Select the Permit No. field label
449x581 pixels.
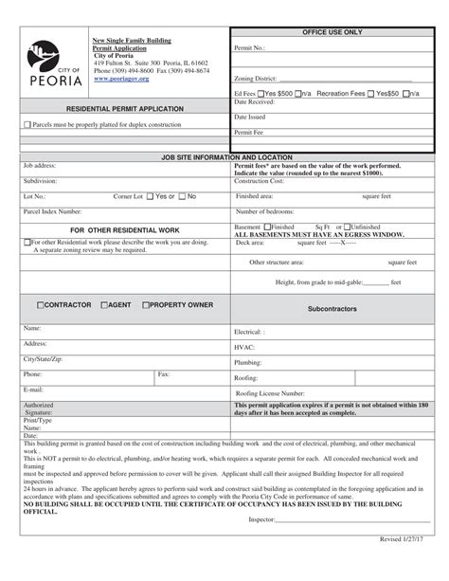pyautogui.click(x=249, y=46)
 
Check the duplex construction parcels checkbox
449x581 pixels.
pyautogui.click(x=28, y=124)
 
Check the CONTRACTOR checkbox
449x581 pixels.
pyautogui.click(x=41, y=305)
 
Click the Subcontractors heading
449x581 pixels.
pyautogui.click(x=332, y=309)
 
